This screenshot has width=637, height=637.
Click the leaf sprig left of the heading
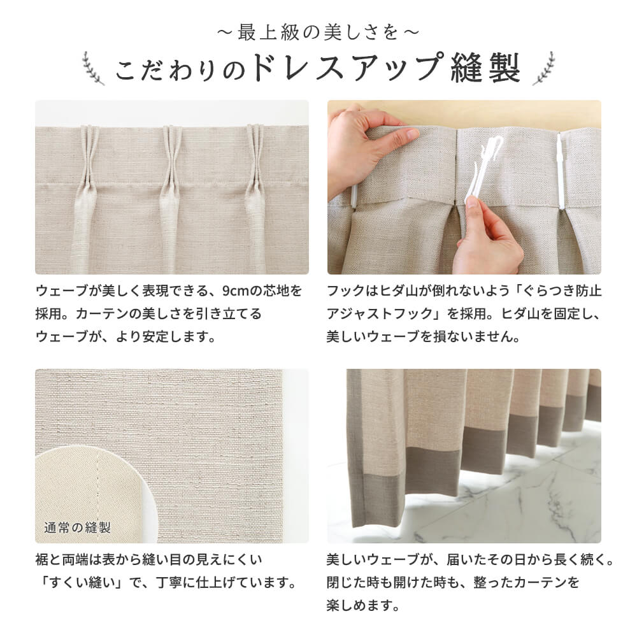pos(93,68)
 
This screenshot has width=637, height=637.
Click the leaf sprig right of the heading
pos(543,68)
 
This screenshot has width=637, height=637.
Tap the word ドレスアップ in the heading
pos(347,69)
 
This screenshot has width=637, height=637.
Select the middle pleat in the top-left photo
pos(171,191)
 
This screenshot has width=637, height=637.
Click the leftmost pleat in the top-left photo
pos(88,191)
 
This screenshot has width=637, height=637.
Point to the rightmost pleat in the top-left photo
pos(255,191)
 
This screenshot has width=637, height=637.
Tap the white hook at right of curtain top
pos(561,172)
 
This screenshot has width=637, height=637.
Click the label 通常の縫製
pos(78,527)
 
